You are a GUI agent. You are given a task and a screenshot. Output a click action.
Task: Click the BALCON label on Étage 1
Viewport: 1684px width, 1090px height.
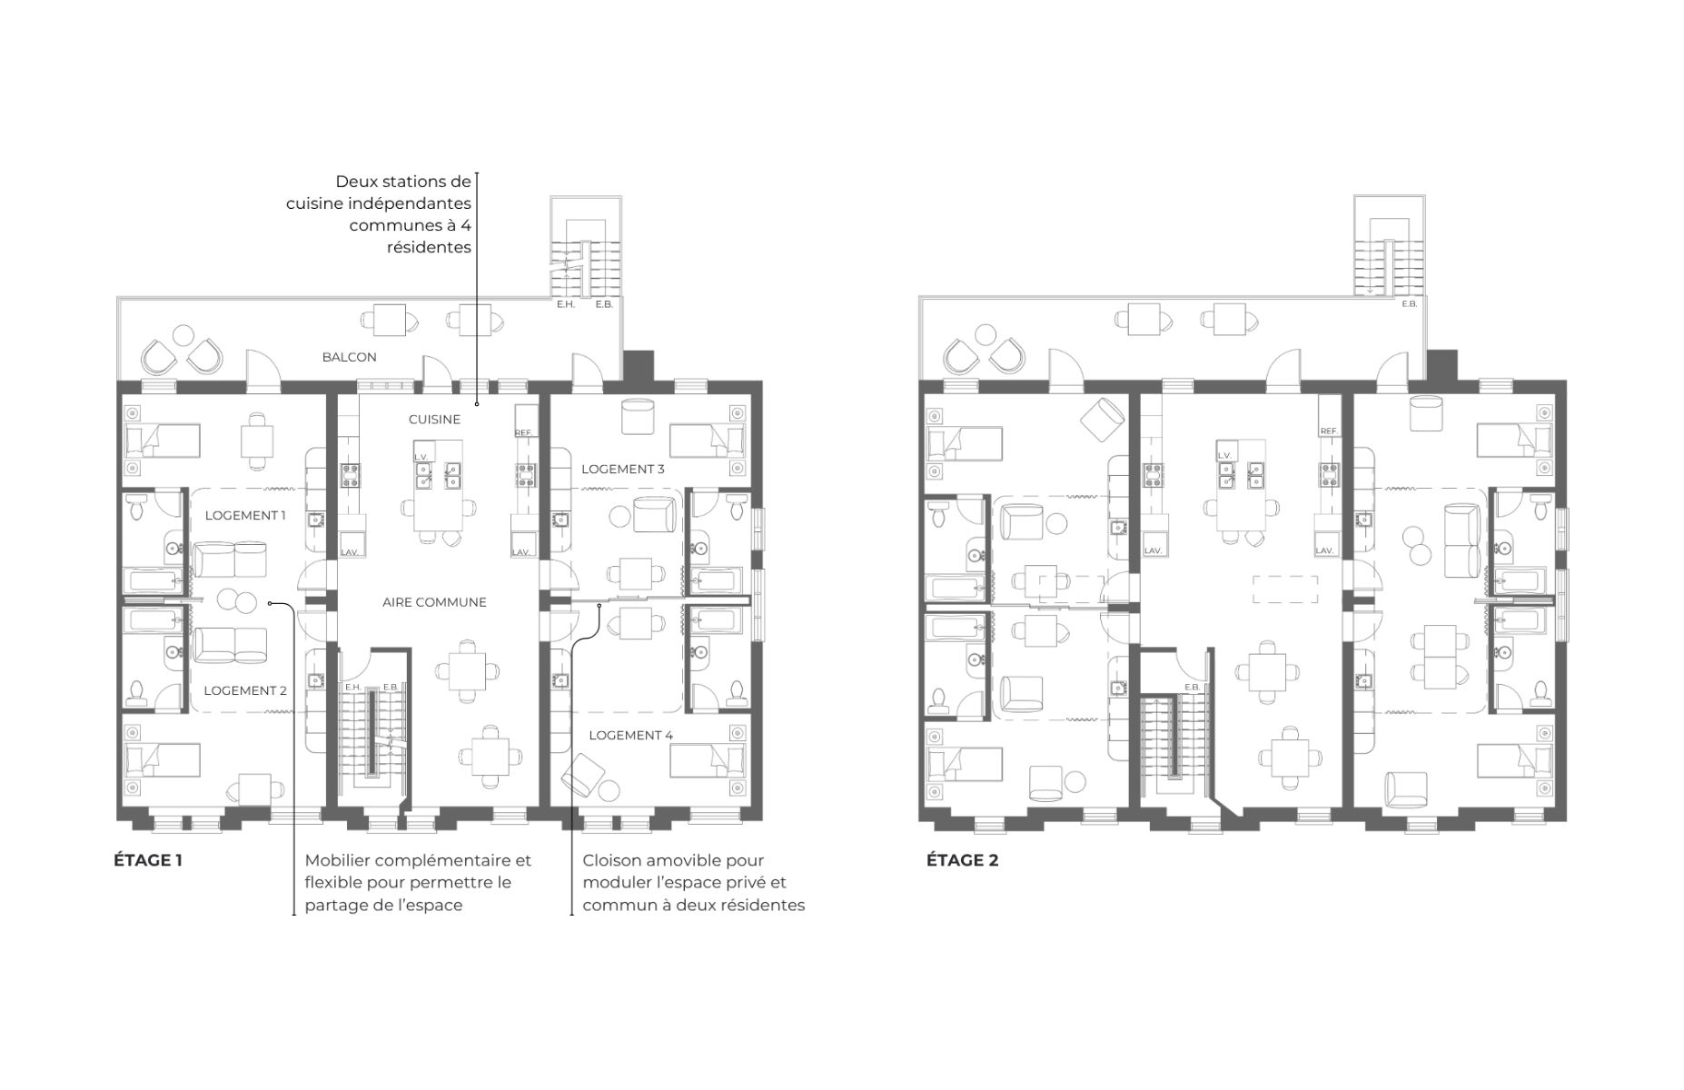click(349, 357)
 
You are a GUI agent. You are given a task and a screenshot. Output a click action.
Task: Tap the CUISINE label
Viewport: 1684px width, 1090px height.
click(434, 420)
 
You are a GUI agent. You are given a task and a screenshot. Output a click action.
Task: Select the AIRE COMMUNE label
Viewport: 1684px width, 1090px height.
click(434, 602)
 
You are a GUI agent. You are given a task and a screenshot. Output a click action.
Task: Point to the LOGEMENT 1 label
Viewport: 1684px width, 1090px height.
click(245, 515)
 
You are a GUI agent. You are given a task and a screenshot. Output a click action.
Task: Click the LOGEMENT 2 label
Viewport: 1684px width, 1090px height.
click(245, 690)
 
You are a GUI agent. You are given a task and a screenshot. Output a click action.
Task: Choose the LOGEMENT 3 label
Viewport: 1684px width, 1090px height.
click(623, 469)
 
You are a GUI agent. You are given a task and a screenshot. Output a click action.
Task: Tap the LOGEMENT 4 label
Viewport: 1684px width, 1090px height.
click(630, 735)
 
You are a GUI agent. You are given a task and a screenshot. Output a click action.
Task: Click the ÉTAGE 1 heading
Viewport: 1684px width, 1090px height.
click(148, 859)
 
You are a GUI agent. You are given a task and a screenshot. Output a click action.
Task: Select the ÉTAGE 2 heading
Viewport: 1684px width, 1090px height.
click(963, 859)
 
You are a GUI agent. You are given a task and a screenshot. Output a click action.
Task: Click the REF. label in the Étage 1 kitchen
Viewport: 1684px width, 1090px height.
click(524, 432)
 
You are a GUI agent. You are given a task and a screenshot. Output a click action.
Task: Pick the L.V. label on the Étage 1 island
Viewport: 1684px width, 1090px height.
click(421, 457)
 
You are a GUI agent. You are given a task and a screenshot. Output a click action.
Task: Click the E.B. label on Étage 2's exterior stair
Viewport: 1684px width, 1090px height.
click(1409, 304)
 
